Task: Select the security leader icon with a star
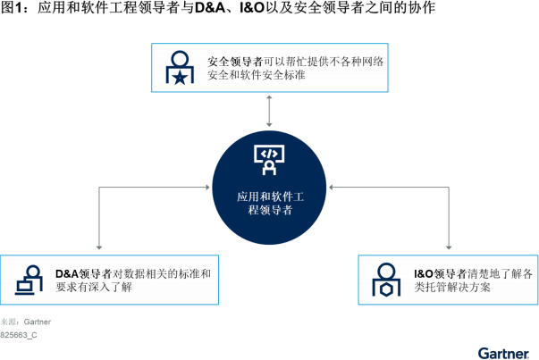[180, 68]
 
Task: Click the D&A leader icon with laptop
[28, 280]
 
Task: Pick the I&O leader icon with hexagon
[385, 280]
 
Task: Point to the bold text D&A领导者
[83, 273]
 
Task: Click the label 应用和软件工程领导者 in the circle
[269, 203]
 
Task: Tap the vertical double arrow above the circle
[269, 110]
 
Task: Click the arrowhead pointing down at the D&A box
[98, 246]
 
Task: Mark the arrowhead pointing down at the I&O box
[448, 246]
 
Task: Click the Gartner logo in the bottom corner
[503, 352]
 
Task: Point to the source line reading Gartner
[26, 322]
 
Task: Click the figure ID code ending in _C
[19, 335]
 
